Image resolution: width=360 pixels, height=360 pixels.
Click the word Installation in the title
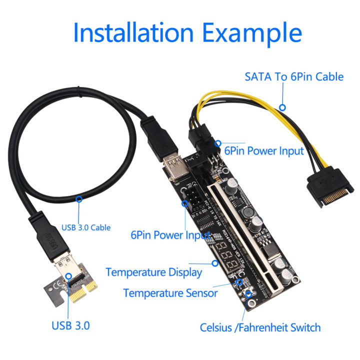point(133,32)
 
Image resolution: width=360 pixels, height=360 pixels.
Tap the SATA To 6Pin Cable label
point(294,77)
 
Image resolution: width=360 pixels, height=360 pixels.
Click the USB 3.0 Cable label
point(86,227)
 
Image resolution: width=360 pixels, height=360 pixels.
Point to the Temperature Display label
point(154,272)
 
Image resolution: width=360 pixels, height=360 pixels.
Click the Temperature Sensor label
point(170,293)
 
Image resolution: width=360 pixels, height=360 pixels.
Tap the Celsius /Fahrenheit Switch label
point(260,328)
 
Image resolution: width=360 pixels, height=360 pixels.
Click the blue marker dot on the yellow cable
point(282,107)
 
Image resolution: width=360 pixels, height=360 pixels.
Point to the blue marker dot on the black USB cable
point(78,199)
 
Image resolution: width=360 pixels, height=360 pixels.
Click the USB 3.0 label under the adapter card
point(71,326)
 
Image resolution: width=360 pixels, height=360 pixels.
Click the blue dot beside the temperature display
point(215,262)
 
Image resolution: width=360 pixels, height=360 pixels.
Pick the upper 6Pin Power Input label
point(264,150)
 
